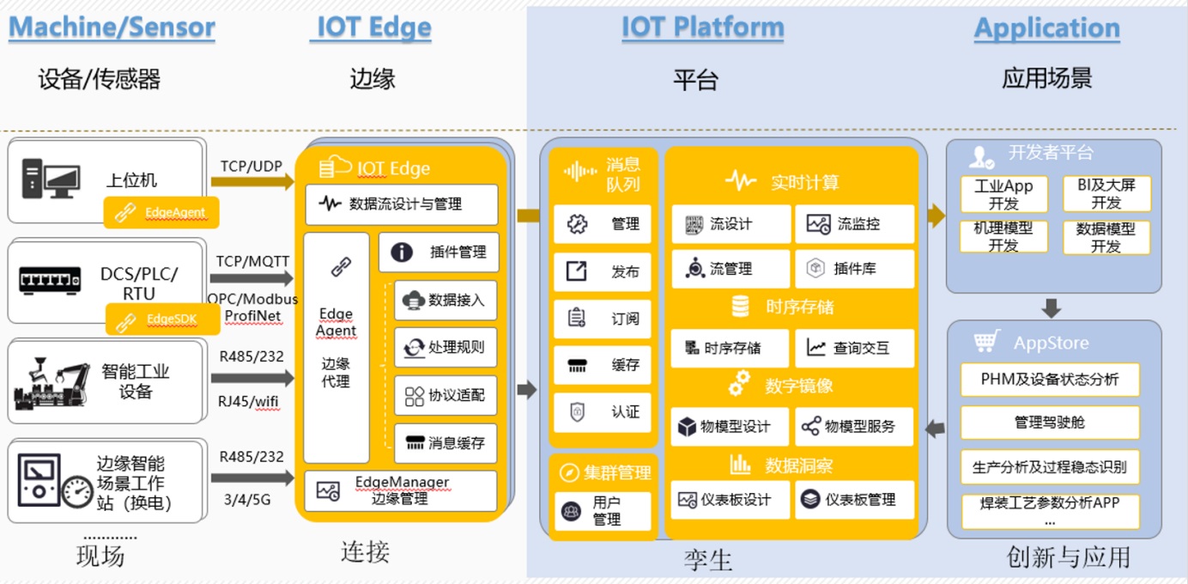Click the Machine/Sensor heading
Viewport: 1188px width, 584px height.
[112, 27]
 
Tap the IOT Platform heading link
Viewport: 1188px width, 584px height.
[703, 27]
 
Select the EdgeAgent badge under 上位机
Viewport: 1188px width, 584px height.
[161, 212]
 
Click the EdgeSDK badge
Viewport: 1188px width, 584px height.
[161, 319]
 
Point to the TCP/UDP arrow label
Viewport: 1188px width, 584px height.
[251, 166]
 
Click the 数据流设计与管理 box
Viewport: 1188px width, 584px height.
[402, 204]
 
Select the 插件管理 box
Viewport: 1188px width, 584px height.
[439, 252]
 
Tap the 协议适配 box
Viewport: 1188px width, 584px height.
[445, 395]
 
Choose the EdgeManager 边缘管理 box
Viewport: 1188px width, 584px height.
[401, 490]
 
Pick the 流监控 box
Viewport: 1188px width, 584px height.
[854, 224]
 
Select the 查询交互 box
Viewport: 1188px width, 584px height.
[854, 348]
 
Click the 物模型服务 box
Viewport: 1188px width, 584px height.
[854, 426]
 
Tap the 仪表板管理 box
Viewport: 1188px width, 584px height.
[854, 499]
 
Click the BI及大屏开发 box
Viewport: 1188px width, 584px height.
[1106, 194]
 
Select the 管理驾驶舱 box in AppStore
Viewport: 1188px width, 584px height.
[1049, 423]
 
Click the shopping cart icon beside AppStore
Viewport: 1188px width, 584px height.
[986, 342]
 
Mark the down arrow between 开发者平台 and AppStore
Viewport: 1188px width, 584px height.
[1052, 307]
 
